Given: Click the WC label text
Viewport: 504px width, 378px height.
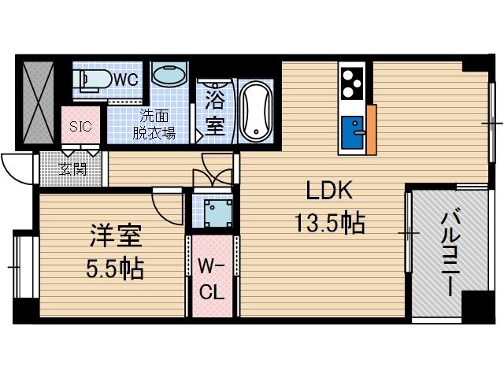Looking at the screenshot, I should coord(128,79).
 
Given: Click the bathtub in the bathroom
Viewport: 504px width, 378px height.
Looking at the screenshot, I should coord(254,111).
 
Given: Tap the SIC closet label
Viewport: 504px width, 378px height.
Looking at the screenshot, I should coord(80,127).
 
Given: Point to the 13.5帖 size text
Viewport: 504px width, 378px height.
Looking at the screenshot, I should coord(328,224).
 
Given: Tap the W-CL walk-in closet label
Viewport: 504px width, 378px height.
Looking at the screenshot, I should coord(211,278).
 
